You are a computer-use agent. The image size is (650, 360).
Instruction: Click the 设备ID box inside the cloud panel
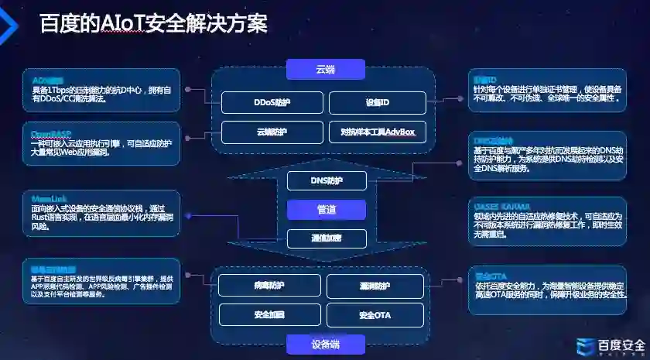tap(378, 103)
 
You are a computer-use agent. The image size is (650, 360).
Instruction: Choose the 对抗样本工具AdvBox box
tap(378, 132)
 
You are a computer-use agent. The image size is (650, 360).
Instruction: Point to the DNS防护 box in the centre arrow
tap(326, 181)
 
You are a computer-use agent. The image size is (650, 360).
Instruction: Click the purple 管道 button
tap(326, 209)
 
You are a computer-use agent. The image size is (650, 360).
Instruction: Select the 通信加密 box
tap(326, 237)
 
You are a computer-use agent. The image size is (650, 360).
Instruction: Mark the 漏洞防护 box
tap(375, 286)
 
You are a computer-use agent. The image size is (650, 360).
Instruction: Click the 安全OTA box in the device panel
tap(375, 315)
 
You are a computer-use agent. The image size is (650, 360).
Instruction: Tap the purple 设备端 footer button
tap(325, 344)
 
